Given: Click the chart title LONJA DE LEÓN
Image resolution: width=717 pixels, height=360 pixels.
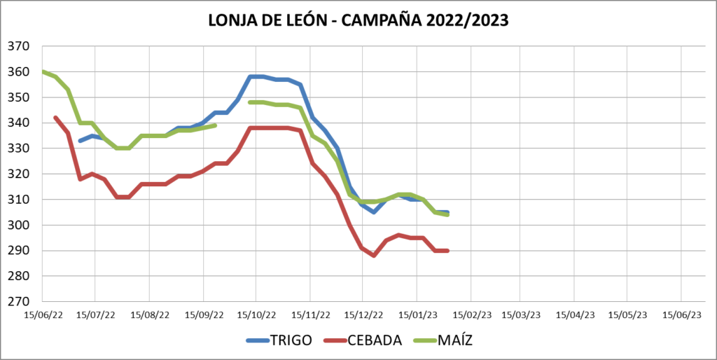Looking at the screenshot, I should (358, 20).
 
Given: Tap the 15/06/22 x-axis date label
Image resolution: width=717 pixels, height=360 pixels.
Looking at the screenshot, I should (43, 315).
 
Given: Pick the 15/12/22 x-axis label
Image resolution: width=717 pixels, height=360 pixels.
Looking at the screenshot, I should (363, 315).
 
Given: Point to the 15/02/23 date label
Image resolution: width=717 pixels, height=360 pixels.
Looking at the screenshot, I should (471, 315).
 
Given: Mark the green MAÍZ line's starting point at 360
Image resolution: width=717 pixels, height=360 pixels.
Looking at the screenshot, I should (43, 71).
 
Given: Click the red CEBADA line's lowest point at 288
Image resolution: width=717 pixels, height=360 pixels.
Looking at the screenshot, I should (374, 256).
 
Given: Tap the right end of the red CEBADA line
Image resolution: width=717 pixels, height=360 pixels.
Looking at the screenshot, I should (447, 251).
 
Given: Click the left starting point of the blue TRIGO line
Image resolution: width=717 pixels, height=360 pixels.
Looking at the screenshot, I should (80, 141).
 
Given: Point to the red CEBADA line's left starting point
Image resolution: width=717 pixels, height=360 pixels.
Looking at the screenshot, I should (55, 118).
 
